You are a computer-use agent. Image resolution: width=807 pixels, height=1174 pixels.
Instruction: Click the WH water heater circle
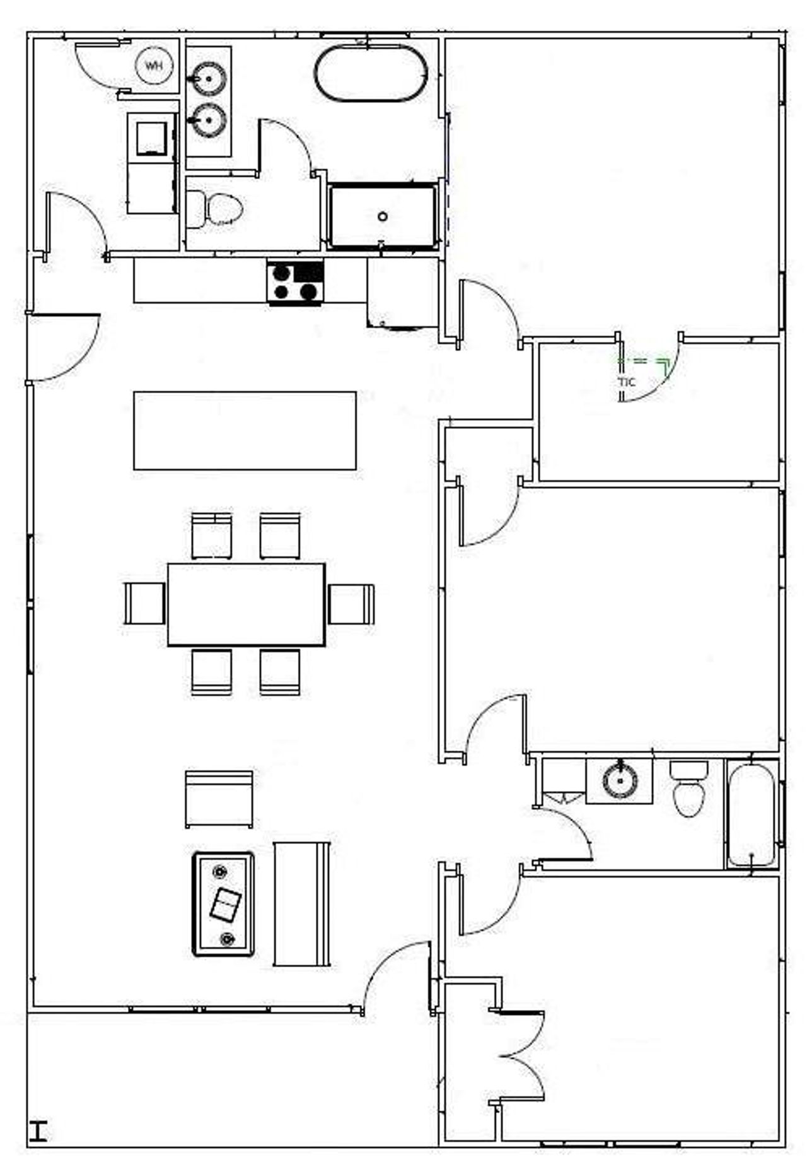point(154,66)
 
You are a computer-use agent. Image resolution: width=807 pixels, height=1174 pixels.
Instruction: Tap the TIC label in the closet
point(627,382)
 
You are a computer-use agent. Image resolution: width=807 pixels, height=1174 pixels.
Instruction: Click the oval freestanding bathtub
point(370,73)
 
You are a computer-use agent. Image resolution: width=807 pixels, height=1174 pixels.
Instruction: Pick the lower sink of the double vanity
point(209,119)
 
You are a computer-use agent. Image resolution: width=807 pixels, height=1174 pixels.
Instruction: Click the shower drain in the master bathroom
point(383,216)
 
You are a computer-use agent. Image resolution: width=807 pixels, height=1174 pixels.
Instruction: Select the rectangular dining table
point(247,604)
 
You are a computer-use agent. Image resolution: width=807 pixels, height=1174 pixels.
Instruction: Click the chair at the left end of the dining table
point(144,603)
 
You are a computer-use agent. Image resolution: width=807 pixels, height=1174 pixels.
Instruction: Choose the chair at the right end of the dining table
point(351,604)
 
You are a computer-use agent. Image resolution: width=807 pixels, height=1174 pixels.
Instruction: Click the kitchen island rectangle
point(245,431)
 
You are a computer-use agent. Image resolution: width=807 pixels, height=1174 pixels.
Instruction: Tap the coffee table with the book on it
point(223,904)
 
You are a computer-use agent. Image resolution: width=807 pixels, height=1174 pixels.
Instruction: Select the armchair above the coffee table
point(219,799)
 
